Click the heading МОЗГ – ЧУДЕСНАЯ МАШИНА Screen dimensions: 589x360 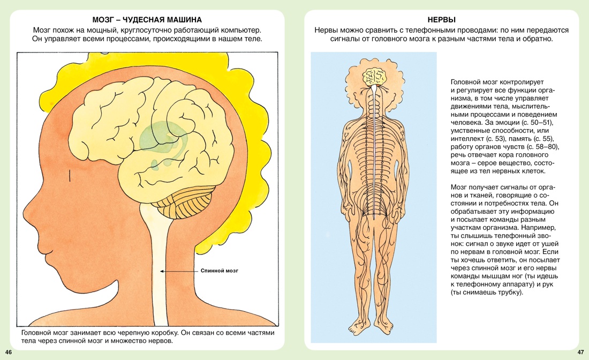point(147,20)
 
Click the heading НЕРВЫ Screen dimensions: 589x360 point(441,20)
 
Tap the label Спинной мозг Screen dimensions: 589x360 point(220,271)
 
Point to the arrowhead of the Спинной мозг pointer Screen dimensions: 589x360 point(162,271)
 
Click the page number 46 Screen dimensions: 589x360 point(9,352)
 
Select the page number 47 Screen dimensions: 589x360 point(581,352)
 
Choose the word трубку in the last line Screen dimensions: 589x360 point(510,292)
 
